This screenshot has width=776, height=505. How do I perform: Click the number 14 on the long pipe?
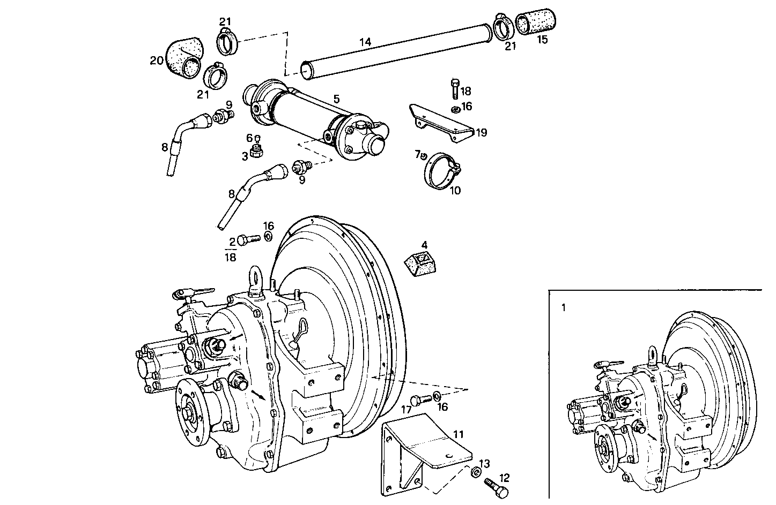pyautogui.click(x=365, y=41)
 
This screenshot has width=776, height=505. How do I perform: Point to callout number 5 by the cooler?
pyautogui.click(x=336, y=99)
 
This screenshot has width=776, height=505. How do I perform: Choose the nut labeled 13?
pyautogui.click(x=475, y=472)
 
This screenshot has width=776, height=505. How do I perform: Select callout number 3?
pyautogui.click(x=245, y=156)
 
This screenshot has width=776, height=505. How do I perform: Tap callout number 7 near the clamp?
pyautogui.click(x=417, y=154)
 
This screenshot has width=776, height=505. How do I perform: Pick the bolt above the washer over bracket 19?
pyautogui.click(x=455, y=88)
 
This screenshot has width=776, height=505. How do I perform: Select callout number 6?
pyautogui.click(x=249, y=138)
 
